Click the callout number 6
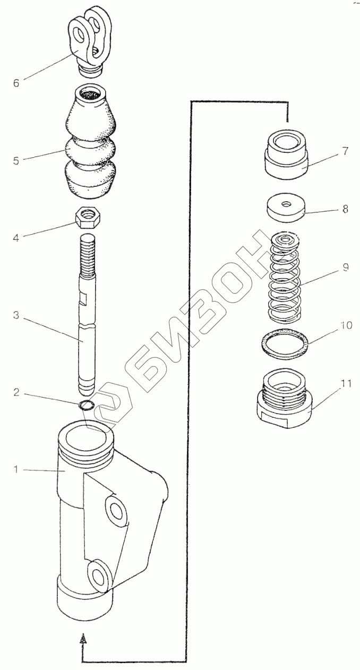16,83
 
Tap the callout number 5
16,160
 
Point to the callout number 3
16,315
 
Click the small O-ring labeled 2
87,406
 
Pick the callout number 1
16,469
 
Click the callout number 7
345,151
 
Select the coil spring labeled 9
285,279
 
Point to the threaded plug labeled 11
285,401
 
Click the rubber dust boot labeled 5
91,149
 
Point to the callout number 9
345,268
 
